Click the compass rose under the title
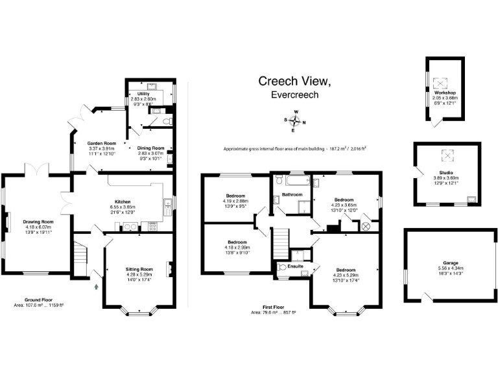(294, 120)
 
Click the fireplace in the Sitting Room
(169, 267)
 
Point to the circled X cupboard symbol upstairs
(364, 227)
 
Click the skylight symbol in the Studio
(446, 155)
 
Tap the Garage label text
(451, 263)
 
